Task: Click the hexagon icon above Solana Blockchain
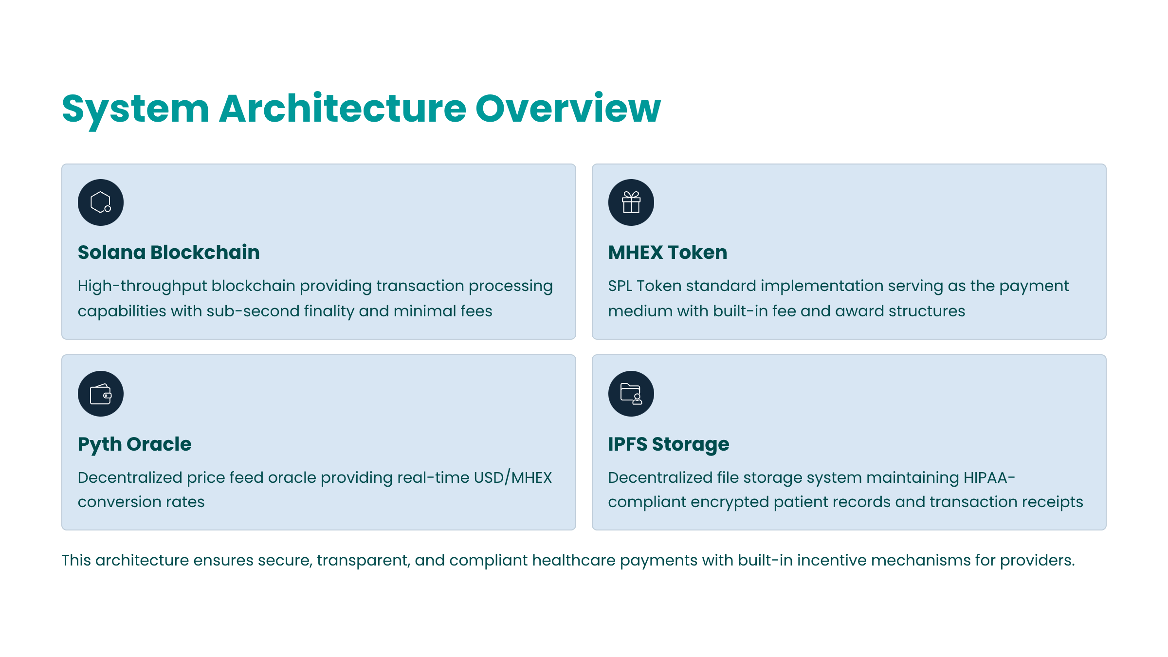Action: click(101, 202)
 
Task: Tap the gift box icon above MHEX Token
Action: click(631, 202)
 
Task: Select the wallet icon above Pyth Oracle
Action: click(101, 394)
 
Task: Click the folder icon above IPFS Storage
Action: click(631, 394)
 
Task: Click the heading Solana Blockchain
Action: click(169, 252)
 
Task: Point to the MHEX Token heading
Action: click(668, 252)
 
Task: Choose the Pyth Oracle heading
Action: click(135, 444)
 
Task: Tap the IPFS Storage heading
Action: click(669, 444)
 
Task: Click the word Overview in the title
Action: click(568, 108)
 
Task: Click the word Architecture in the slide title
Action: click(343, 108)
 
